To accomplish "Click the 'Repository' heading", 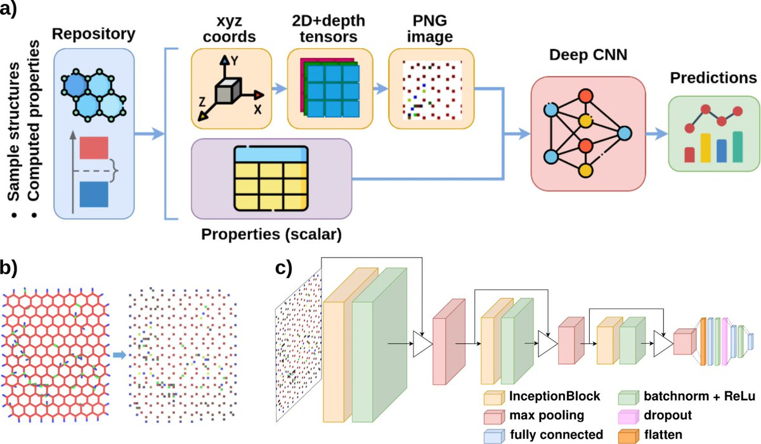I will [x=93, y=31].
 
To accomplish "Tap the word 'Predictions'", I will [x=713, y=79].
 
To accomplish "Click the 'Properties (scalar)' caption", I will [x=271, y=234].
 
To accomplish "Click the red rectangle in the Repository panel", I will [x=94, y=148].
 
